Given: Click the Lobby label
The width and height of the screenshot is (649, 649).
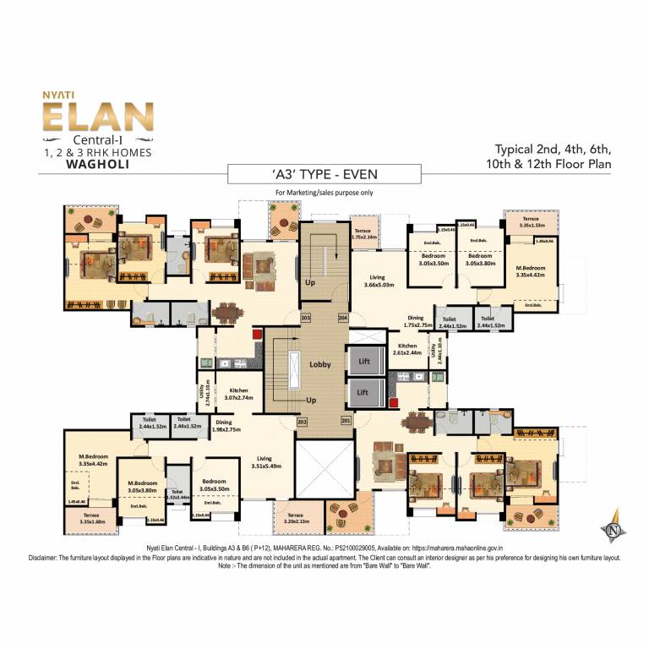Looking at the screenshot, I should tap(319, 365).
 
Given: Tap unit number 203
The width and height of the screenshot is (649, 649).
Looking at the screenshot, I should tap(305, 318).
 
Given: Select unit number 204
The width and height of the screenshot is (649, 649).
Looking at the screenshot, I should tap(343, 318).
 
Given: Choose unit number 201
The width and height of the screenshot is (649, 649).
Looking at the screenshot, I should tap(345, 421).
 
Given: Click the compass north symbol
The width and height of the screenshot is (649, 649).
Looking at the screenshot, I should tap(614, 526).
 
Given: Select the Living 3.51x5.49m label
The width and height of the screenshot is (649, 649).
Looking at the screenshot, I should tap(270, 462).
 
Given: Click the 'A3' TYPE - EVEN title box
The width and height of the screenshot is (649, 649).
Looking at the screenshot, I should tap(324, 176).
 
